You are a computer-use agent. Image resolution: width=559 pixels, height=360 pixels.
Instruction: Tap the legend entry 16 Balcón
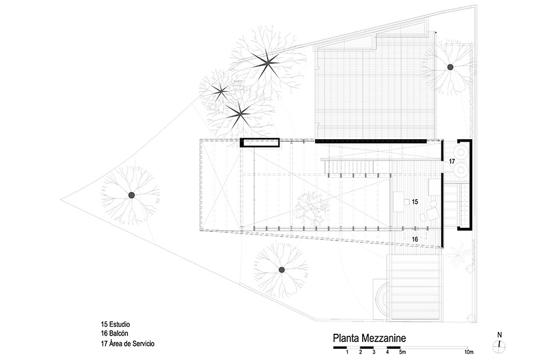pyautogui.click(x=115, y=334)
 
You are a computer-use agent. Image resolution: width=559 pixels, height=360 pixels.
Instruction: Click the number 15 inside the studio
pyautogui.click(x=415, y=202)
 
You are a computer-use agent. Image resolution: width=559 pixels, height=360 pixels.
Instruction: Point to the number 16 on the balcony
pyautogui.click(x=415, y=239)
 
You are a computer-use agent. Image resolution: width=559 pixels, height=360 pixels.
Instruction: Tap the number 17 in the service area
pyautogui.click(x=451, y=161)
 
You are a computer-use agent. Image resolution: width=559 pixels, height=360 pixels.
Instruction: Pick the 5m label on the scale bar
pyautogui.click(x=402, y=353)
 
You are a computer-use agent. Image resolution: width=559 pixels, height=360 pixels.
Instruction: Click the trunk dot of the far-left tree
pyautogui.click(x=132, y=195)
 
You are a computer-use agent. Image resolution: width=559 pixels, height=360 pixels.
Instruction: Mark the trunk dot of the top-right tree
pyautogui.click(x=450, y=68)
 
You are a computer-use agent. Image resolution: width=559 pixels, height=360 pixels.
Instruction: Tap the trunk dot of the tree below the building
pyautogui.click(x=281, y=269)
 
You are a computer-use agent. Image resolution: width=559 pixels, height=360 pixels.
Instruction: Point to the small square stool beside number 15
pyautogui.click(x=405, y=202)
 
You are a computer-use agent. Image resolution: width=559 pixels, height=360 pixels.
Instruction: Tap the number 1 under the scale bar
pyautogui.click(x=347, y=353)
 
